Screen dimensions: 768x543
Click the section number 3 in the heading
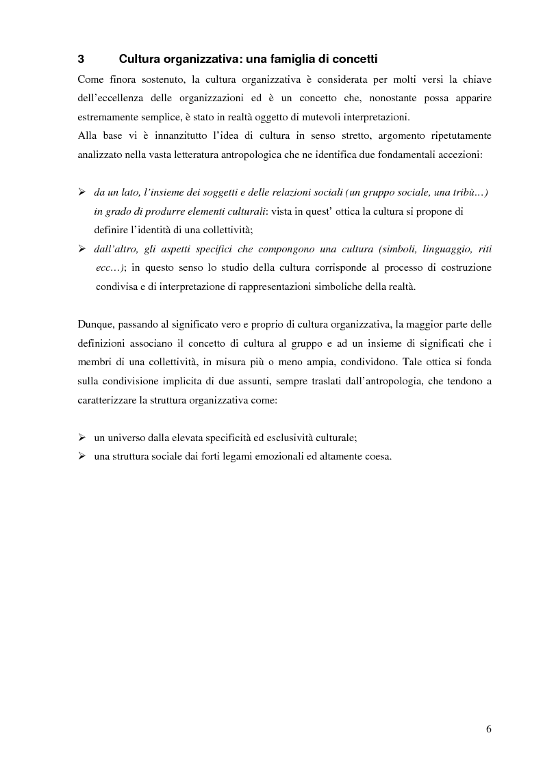(x=81, y=59)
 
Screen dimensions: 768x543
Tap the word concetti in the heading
(x=351, y=59)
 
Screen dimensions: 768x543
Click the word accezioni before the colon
(x=459, y=155)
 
